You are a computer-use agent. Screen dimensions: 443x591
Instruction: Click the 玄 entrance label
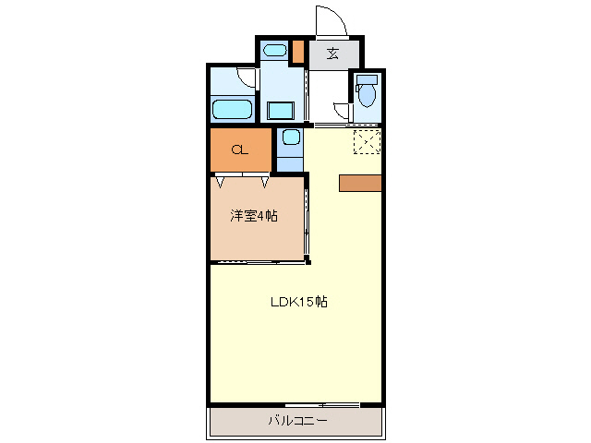coord(332,53)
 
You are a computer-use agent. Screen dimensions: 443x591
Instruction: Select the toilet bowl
coord(368,95)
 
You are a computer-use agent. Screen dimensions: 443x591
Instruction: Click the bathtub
coord(232,110)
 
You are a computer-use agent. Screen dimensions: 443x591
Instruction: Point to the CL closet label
coord(238,150)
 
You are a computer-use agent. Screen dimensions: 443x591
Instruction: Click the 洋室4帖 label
coord(254,216)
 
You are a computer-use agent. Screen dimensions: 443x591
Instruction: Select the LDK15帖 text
coord(297,302)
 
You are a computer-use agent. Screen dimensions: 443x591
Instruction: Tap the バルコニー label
coord(297,421)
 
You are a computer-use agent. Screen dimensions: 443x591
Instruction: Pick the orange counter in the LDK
coord(360,183)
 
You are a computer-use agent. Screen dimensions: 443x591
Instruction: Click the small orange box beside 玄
coord(297,51)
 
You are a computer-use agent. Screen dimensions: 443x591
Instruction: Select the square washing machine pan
coord(280,111)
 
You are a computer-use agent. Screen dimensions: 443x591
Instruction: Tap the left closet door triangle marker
coord(220,182)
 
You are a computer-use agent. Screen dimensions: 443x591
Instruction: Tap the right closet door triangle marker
coord(265,182)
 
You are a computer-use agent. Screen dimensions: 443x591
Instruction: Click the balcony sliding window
coord(322,405)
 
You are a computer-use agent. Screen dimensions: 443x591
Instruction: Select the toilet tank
coord(368,79)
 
